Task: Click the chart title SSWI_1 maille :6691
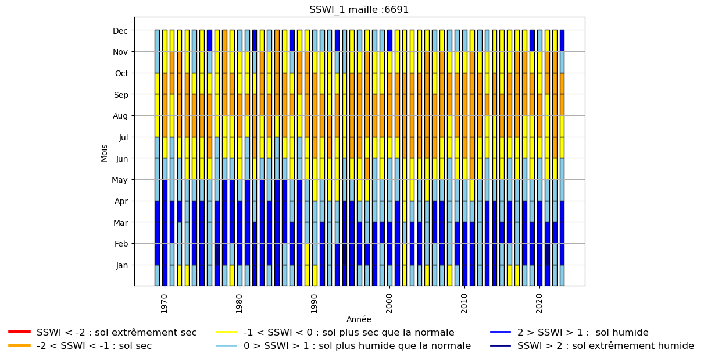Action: click(x=359, y=9)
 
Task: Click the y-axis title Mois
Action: click(x=104, y=153)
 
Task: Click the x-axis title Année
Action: click(x=359, y=319)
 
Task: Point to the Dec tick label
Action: click(x=120, y=31)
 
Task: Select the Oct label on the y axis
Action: click(x=121, y=73)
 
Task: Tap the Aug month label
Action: click(x=120, y=116)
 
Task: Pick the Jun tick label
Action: click(x=122, y=159)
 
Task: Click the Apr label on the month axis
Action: click(x=121, y=201)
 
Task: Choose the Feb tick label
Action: click(x=121, y=244)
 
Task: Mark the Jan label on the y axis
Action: click(x=122, y=265)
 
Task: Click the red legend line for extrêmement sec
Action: click(x=20, y=332)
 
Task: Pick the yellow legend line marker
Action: click(x=226, y=332)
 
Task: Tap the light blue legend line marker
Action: click(x=226, y=345)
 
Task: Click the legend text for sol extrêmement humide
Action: click(x=606, y=346)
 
